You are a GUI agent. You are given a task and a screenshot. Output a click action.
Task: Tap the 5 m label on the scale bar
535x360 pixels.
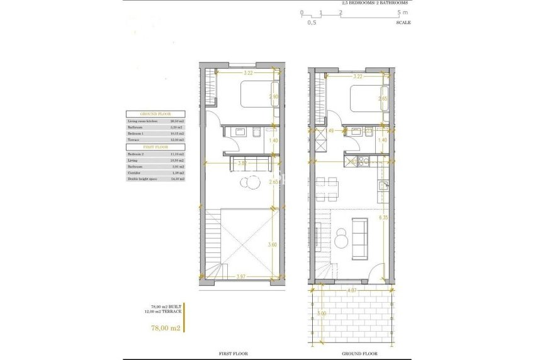tap(403, 12)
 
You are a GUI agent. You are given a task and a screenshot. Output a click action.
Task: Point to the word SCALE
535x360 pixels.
tap(403, 22)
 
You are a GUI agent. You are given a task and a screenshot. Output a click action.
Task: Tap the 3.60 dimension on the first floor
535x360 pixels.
tap(272, 245)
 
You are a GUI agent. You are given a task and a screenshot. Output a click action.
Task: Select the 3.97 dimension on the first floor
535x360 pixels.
tap(242, 276)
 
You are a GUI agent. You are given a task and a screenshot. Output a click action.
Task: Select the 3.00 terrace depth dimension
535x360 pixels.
tap(320, 313)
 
